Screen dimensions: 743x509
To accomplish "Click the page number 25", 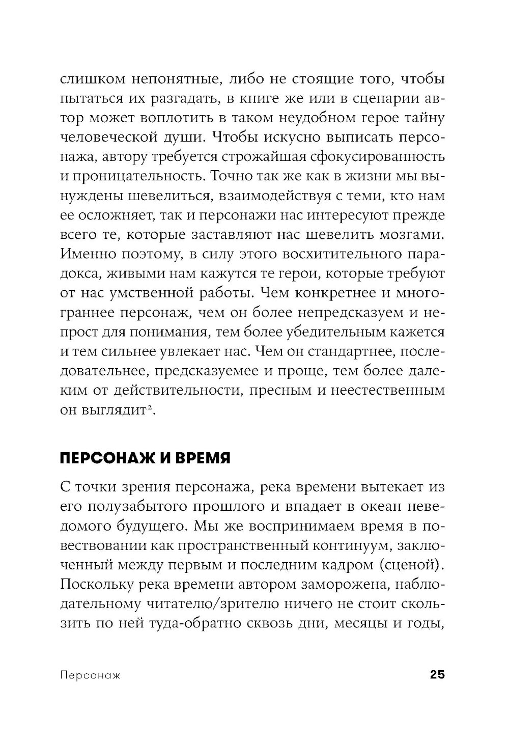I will (437, 675).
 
